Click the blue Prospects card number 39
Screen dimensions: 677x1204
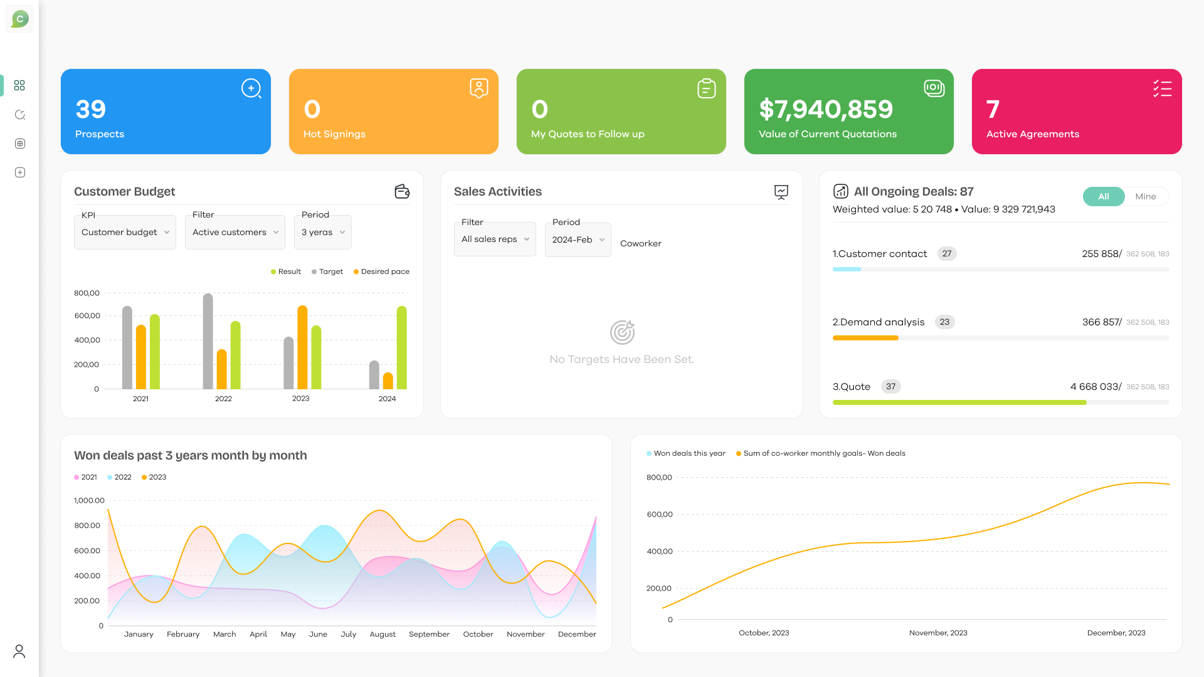tap(91, 110)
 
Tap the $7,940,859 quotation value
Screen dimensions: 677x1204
tap(825, 110)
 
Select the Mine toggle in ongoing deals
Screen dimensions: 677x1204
tap(1145, 196)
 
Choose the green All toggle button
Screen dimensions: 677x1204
tap(1103, 196)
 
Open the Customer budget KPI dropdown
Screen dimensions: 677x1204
tap(125, 233)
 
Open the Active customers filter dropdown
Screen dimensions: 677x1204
tap(235, 233)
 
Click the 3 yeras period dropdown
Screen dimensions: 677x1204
tap(323, 233)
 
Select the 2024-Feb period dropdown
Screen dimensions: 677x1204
tap(578, 240)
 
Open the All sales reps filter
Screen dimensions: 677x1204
tap(495, 239)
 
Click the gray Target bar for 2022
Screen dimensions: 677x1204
tap(208, 342)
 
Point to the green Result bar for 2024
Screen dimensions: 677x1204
tap(402, 348)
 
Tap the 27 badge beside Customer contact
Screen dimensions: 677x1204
tap(946, 254)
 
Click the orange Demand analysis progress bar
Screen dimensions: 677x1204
tap(865, 338)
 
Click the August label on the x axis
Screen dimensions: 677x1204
tap(383, 634)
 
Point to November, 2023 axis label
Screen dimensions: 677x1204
tap(938, 633)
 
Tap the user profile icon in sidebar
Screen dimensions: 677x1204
tap(19, 651)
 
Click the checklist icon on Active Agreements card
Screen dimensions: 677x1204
tap(1162, 88)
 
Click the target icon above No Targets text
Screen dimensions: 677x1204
tap(622, 332)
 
